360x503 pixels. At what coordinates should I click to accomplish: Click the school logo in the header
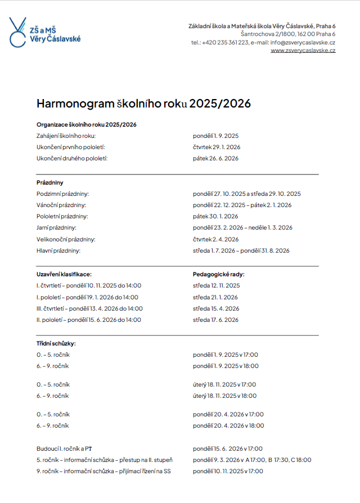tap(45, 32)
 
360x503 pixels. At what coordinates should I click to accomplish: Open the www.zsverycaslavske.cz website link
tap(303, 51)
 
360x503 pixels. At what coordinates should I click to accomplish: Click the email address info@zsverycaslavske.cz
tap(303, 43)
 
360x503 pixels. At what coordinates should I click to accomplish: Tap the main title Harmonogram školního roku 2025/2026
tap(143, 104)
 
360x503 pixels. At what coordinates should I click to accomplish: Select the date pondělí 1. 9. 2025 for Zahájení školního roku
tap(216, 136)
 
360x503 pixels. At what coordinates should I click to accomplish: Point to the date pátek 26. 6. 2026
tap(215, 158)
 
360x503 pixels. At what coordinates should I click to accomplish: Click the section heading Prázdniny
tap(49, 182)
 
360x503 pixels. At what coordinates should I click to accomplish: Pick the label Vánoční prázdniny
tap(61, 205)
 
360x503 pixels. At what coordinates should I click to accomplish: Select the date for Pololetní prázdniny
tap(215, 216)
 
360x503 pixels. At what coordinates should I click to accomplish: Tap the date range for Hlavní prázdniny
tap(241, 250)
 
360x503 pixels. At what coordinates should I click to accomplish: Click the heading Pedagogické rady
tap(219, 274)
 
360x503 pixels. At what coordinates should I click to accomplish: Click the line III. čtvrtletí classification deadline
tap(89, 308)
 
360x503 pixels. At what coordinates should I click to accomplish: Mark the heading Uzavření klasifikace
tap(64, 274)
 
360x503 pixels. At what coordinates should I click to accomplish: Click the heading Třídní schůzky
tap(56, 343)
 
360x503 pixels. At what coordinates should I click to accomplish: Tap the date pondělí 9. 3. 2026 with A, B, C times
tap(252, 460)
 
